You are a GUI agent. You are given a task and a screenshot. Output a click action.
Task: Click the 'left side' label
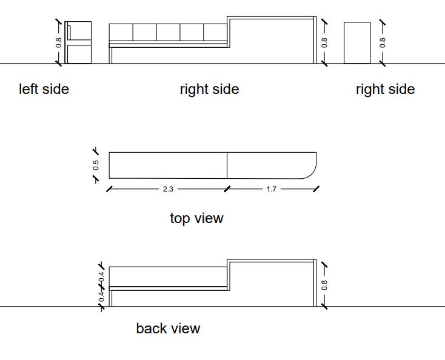[44, 90]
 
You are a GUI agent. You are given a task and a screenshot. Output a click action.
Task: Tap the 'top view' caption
[196, 218]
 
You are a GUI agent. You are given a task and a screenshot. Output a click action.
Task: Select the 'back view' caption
[168, 328]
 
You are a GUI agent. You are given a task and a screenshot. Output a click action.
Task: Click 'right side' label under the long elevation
[209, 90]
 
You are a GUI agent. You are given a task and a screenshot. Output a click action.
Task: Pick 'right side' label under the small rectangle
[385, 90]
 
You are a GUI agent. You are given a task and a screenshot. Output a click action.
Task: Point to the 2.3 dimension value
[168, 189]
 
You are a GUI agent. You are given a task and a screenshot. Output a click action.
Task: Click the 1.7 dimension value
[271, 189]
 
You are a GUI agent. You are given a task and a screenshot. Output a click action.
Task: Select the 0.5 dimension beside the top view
[96, 165]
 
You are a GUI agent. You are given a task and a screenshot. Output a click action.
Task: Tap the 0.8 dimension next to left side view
[59, 42]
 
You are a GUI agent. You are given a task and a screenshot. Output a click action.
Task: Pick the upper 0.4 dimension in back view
[102, 276]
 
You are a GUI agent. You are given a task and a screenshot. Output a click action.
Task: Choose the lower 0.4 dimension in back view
[102, 296]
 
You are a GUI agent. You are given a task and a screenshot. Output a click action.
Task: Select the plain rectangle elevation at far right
[357, 42]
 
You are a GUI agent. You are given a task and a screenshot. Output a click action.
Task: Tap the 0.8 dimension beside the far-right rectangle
[382, 42]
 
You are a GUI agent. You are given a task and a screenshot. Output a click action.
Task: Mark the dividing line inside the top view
[227, 165]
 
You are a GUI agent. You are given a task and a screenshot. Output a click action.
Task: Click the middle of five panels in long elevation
[168, 32]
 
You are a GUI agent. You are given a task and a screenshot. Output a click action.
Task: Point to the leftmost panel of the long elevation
[121, 32]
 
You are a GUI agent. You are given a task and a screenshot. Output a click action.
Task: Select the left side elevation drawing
[79, 42]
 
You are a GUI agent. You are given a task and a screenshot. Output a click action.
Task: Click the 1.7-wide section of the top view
[270, 165]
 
